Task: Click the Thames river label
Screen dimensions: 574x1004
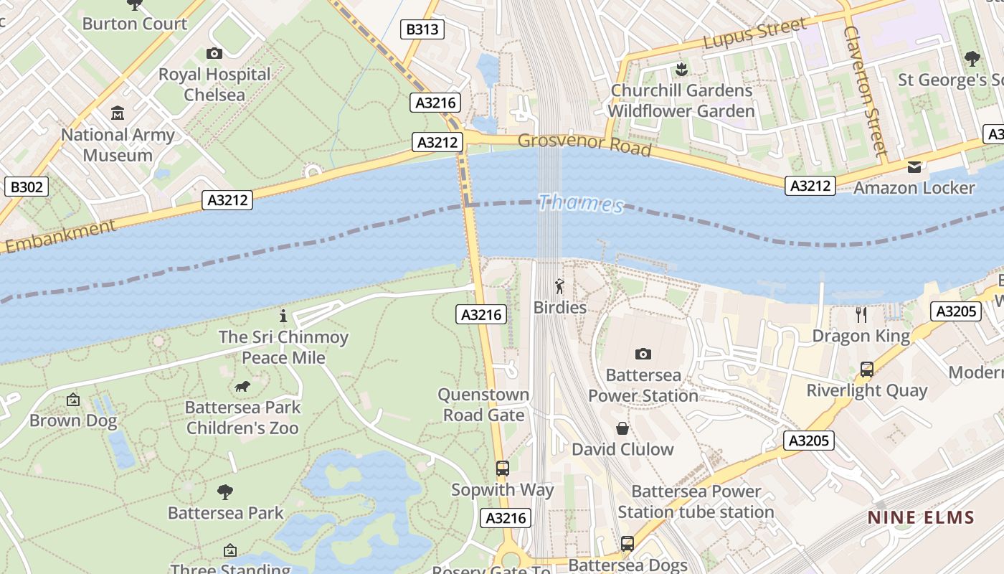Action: (x=581, y=203)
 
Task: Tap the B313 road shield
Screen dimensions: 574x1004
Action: (x=422, y=29)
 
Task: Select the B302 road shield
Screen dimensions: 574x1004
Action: (x=27, y=187)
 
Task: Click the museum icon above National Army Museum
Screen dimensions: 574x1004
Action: (x=118, y=113)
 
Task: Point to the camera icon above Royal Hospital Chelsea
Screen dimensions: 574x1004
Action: (x=214, y=53)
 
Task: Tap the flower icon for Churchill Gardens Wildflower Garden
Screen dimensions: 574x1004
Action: (x=680, y=70)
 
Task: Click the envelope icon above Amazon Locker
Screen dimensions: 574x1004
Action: (x=914, y=167)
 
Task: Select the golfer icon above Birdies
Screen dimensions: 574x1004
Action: (x=559, y=287)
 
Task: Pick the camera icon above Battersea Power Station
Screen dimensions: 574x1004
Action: (x=643, y=354)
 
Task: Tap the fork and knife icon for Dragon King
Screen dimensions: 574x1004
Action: (x=861, y=314)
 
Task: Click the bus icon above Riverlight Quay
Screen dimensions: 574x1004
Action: (x=867, y=370)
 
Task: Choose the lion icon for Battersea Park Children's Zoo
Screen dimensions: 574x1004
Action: (x=242, y=387)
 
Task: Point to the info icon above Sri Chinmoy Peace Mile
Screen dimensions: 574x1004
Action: (x=283, y=316)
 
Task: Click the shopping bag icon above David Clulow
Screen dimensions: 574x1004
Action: (x=622, y=428)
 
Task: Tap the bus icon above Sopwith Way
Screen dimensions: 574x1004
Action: (x=503, y=469)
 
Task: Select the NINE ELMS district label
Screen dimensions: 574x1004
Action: (x=921, y=517)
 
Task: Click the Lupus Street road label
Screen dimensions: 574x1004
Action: (x=754, y=34)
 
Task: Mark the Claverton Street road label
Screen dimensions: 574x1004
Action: (x=865, y=91)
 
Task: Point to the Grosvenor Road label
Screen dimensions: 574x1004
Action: (x=584, y=144)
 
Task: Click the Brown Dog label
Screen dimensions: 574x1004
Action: (x=73, y=420)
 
